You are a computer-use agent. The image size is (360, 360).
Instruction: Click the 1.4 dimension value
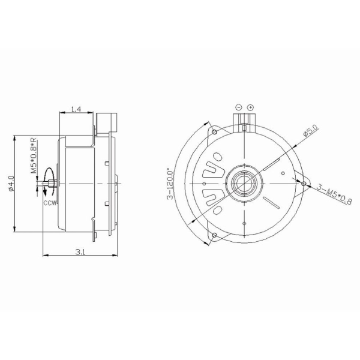pos(76,109)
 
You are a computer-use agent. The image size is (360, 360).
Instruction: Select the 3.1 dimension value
pos(80,252)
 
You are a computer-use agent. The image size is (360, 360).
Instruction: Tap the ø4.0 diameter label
pos(11,184)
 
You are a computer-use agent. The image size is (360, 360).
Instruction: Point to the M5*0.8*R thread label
pos(34,155)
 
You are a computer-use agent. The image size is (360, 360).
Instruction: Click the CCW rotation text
pos(50,203)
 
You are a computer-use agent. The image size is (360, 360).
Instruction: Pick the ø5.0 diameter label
pos(311,131)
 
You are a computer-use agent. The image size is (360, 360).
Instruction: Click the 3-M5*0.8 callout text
pos(334,194)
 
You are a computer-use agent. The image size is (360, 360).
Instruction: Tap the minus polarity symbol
pos(239,107)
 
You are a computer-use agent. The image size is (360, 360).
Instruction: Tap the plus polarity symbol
pos(250,107)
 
